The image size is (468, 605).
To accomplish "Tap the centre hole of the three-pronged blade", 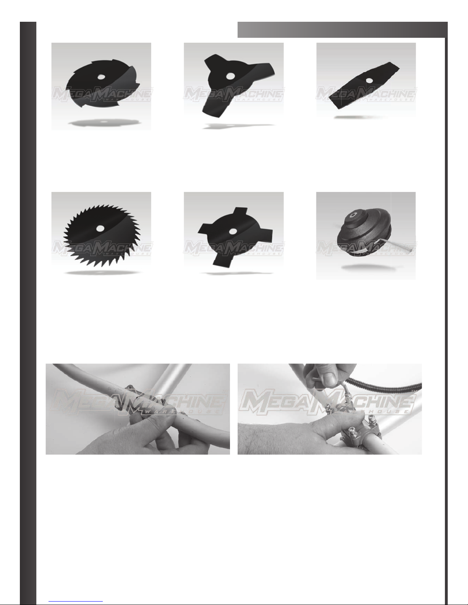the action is (230, 76).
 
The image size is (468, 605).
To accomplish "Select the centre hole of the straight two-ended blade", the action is (369, 81).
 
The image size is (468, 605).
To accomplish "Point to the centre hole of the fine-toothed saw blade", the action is (100, 228).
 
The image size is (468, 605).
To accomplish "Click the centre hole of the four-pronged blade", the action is (233, 231).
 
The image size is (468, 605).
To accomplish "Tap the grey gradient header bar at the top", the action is (342, 29).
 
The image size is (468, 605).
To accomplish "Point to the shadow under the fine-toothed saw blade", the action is (102, 273).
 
